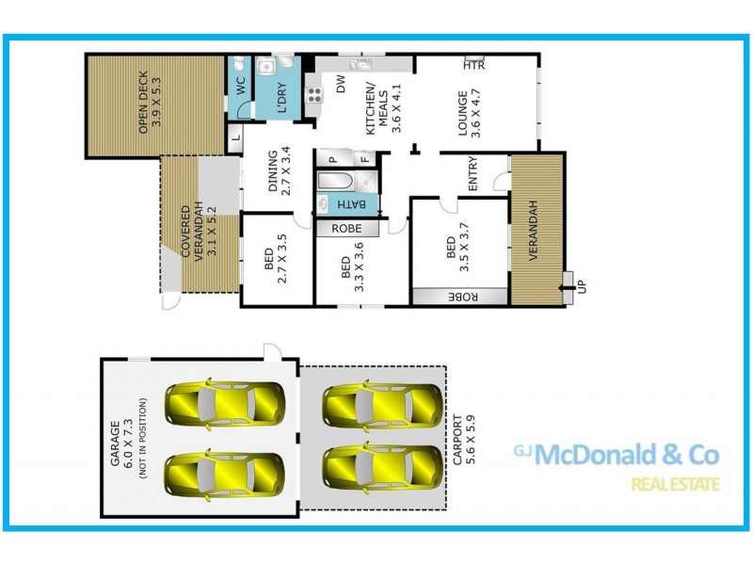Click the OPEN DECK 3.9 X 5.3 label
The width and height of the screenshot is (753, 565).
150,105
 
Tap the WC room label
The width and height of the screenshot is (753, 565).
239,82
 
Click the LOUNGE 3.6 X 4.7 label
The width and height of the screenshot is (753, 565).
469,114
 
